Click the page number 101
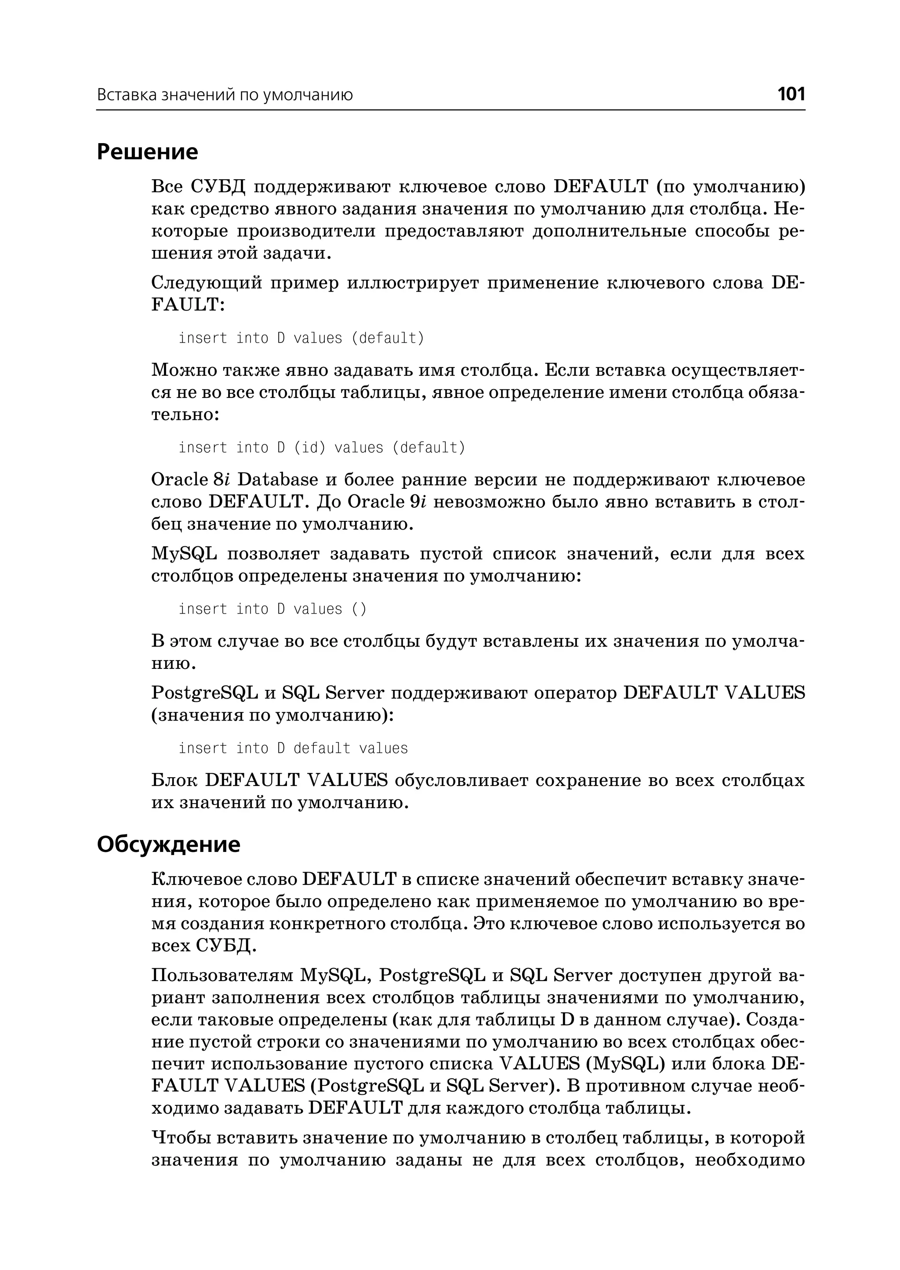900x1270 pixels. click(x=791, y=94)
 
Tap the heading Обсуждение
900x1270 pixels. click(x=168, y=844)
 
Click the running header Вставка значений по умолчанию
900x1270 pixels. click(x=225, y=95)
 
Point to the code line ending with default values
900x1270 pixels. click(x=293, y=748)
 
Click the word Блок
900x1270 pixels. click(x=174, y=780)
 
